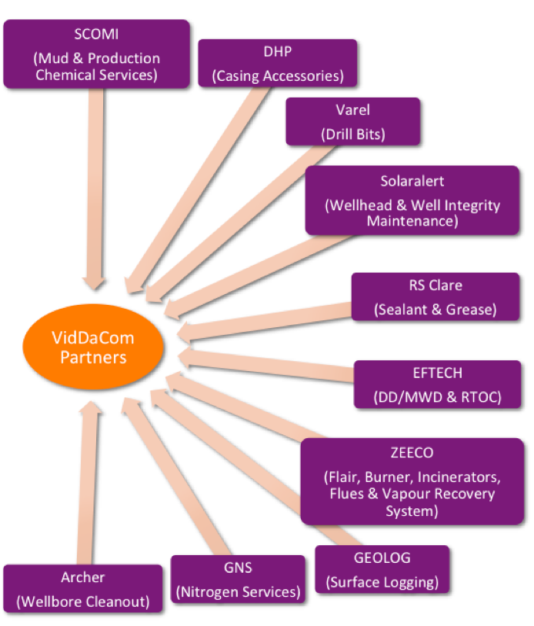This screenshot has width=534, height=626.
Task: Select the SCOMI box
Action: click(96, 54)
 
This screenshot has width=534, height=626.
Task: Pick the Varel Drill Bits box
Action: click(353, 121)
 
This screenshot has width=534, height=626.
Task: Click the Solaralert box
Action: click(412, 200)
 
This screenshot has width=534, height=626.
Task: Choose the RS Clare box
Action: click(436, 296)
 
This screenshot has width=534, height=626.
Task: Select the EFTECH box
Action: click(437, 384)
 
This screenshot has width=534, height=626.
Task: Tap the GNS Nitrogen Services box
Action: click(238, 579)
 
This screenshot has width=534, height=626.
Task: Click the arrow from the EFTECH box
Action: click(262, 365)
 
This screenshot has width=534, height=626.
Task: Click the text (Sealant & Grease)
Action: click(436, 309)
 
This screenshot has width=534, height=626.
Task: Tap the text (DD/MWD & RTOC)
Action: click(437, 397)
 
